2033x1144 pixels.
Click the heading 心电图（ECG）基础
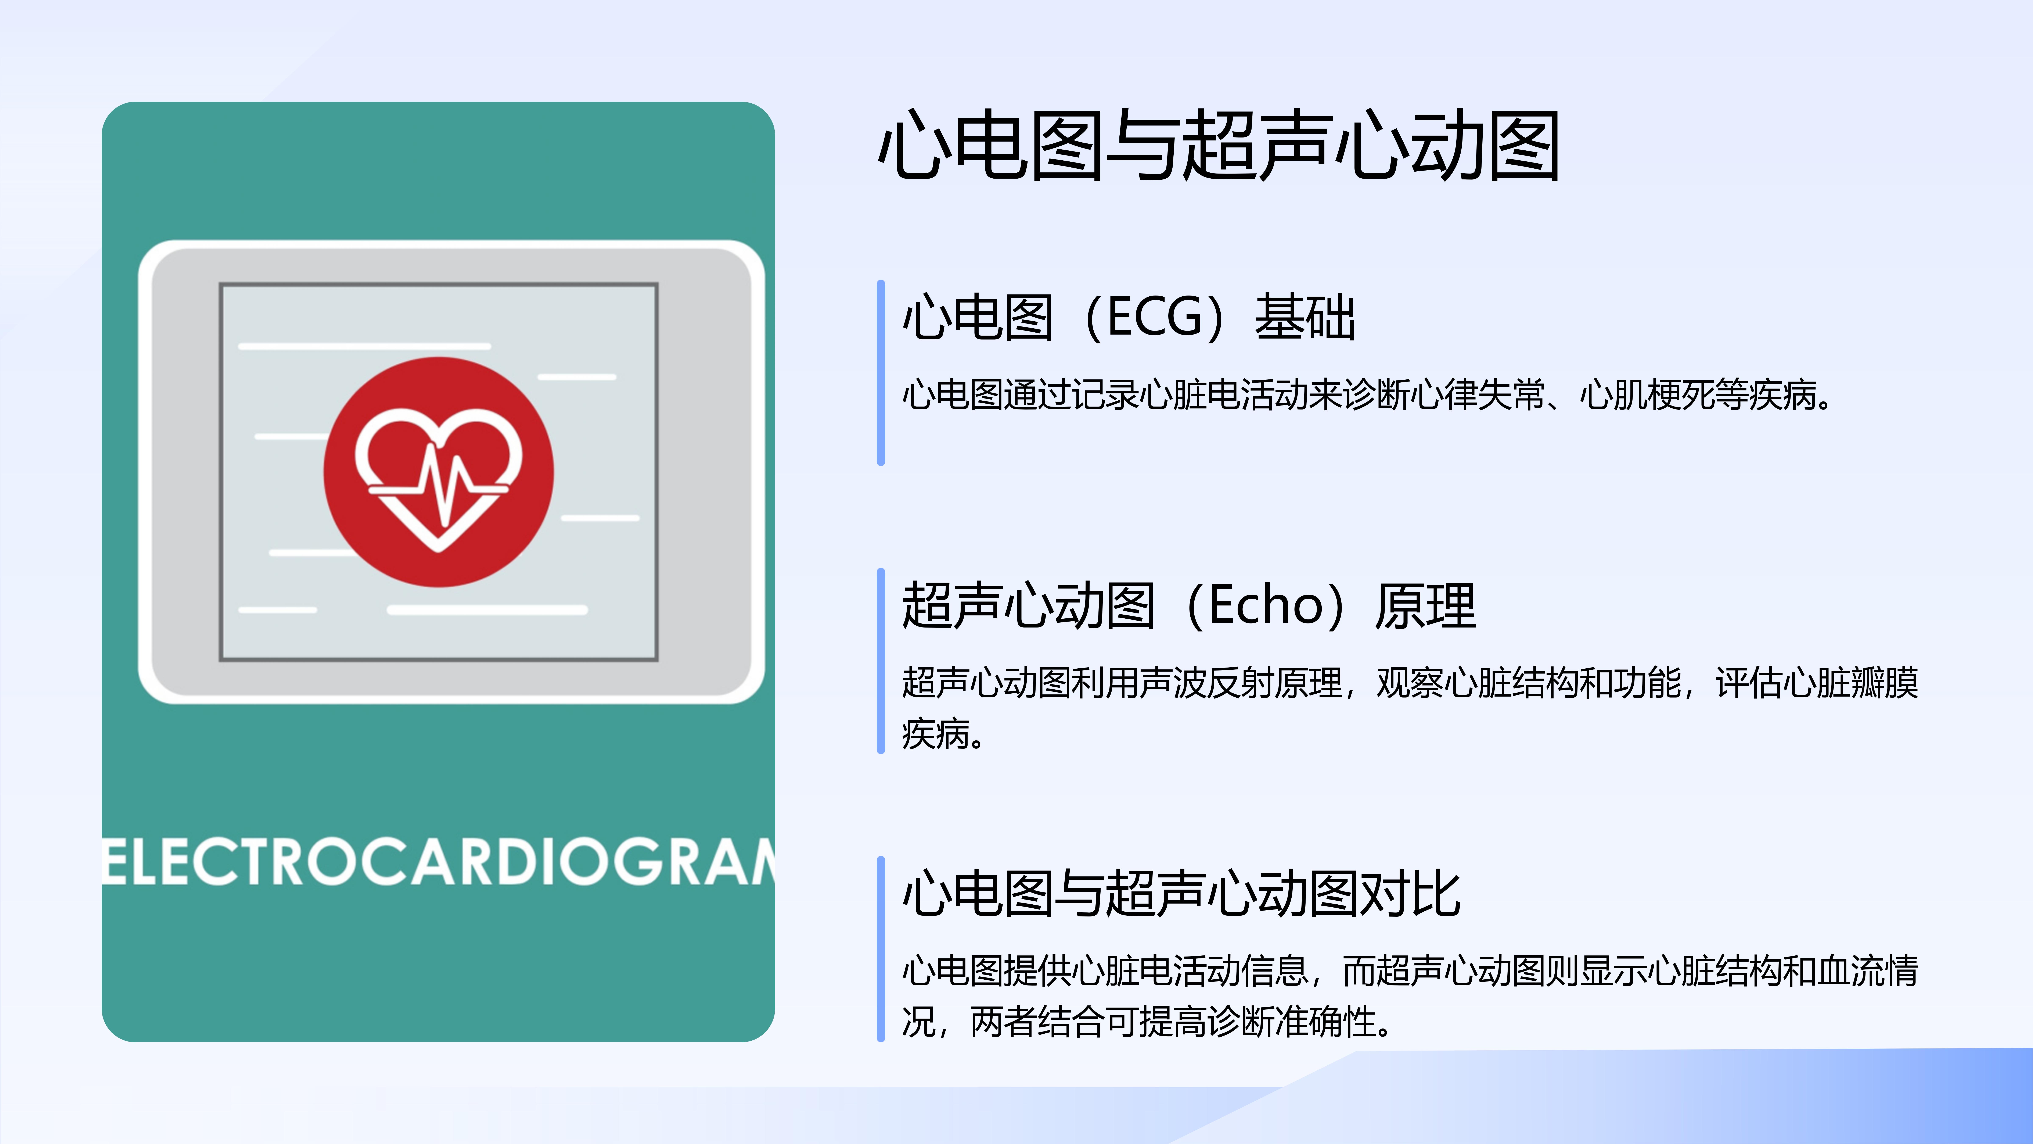tap(1129, 317)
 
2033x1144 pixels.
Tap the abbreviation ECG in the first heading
tap(1155, 317)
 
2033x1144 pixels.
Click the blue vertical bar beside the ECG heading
tap(881, 373)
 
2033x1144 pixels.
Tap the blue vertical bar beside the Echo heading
tap(881, 661)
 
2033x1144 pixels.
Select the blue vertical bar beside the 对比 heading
tap(881, 949)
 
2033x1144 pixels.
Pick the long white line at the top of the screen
tap(365, 346)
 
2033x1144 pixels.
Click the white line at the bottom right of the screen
tap(487, 609)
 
